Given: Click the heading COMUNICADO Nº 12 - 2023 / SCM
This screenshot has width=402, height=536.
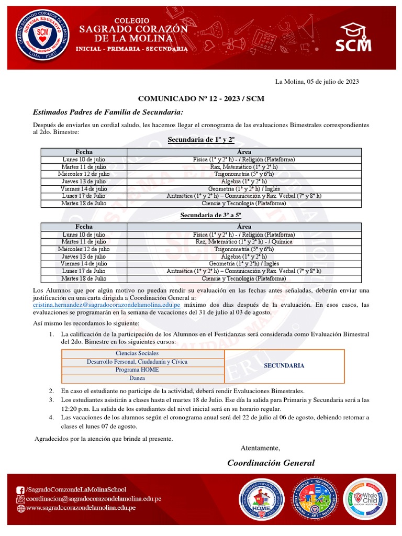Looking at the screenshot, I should [200, 98].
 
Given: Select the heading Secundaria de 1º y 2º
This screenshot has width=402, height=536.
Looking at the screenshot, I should [200, 140].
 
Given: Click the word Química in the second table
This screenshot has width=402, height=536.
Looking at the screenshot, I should [282, 242].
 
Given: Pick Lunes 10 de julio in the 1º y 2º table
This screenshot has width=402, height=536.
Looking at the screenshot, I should [84, 159].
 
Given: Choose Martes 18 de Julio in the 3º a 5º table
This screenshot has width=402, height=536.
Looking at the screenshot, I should [84, 278].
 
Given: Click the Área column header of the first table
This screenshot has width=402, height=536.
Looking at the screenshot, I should [244, 152].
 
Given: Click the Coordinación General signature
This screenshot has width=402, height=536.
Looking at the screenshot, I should [271, 463].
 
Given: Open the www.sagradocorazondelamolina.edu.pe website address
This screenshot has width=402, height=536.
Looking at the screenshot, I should [81, 508].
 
